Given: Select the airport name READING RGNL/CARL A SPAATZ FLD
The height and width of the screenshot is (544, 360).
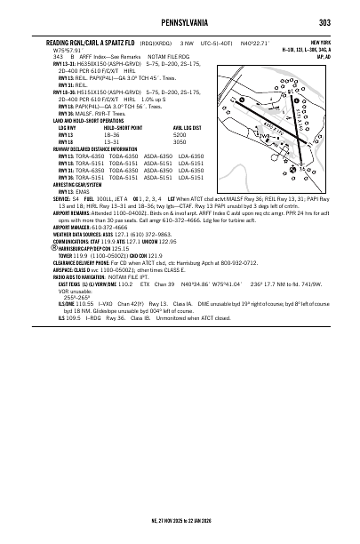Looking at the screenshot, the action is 99,42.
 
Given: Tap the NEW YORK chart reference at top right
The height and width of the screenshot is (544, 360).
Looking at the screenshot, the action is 322,42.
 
